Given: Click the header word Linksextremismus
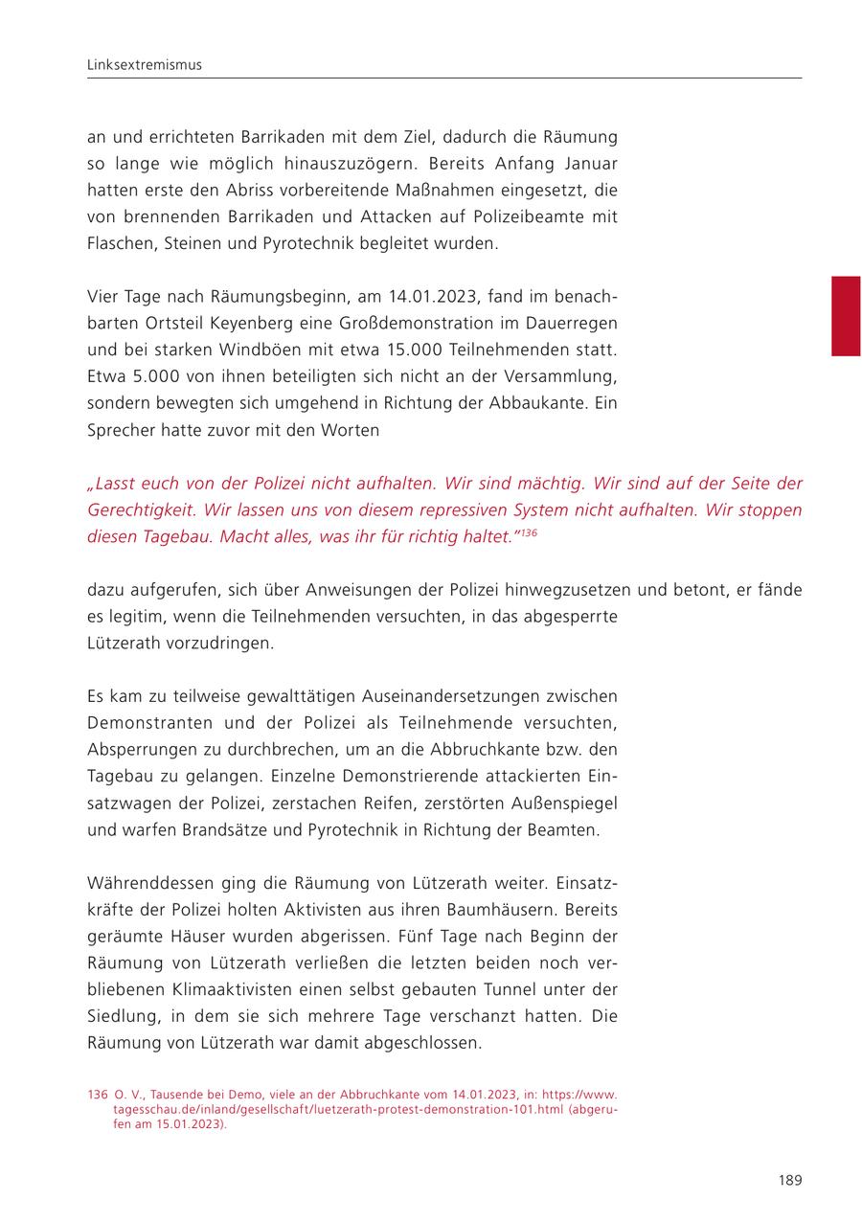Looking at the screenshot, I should click(x=145, y=65).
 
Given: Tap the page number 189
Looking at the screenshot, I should click(x=789, y=1180).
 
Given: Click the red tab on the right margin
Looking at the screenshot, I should click(x=845, y=316).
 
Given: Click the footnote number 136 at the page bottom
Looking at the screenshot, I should click(x=97, y=1095).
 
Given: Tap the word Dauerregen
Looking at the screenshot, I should click(x=569, y=323).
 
